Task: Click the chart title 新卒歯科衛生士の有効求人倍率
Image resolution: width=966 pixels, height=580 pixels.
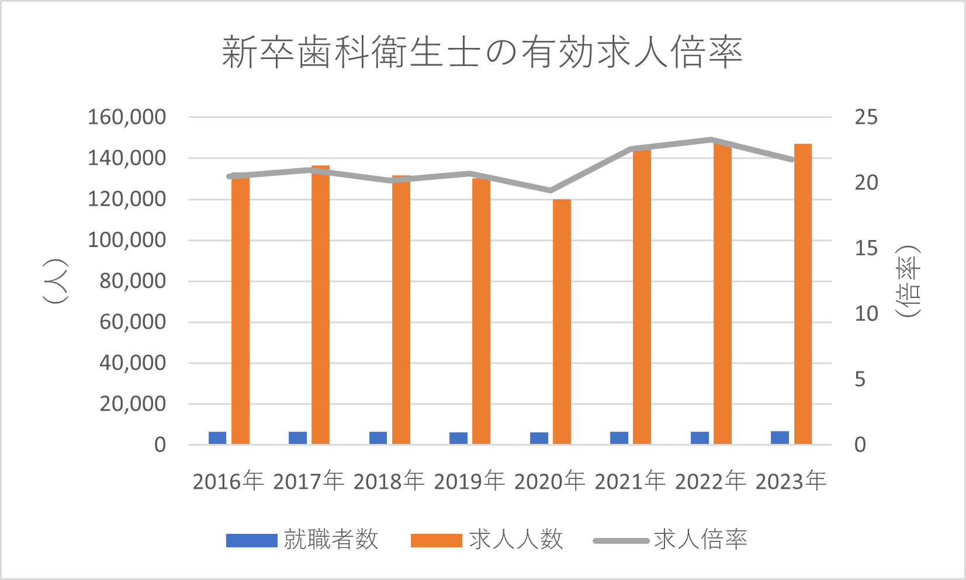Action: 482,53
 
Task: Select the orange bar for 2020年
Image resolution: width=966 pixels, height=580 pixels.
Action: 562,321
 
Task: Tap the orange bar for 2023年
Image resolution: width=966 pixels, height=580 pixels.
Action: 803,294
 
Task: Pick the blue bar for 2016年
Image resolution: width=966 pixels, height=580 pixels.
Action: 217,438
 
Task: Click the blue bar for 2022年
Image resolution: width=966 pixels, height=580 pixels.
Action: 700,438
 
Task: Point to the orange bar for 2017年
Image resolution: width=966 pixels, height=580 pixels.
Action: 320,305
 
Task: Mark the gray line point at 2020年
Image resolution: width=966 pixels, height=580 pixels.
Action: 550,190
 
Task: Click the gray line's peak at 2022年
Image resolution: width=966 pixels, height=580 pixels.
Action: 711,140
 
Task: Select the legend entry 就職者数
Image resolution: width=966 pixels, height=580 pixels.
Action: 302,540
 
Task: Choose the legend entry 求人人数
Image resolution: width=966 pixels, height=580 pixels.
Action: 487,540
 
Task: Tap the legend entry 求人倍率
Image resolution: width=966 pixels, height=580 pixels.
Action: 670,540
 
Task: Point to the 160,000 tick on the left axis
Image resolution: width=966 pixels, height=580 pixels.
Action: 127,117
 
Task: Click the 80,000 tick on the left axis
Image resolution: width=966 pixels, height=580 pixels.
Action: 133,281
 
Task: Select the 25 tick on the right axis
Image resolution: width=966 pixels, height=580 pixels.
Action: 866,117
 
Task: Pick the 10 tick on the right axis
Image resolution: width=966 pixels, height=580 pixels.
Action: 866,314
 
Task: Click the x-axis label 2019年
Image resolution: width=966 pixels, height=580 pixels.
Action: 469,481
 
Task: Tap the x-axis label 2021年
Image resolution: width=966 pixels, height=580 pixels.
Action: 630,481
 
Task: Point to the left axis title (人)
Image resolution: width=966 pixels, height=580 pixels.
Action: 56,281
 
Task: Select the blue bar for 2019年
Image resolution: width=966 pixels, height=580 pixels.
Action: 458,438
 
